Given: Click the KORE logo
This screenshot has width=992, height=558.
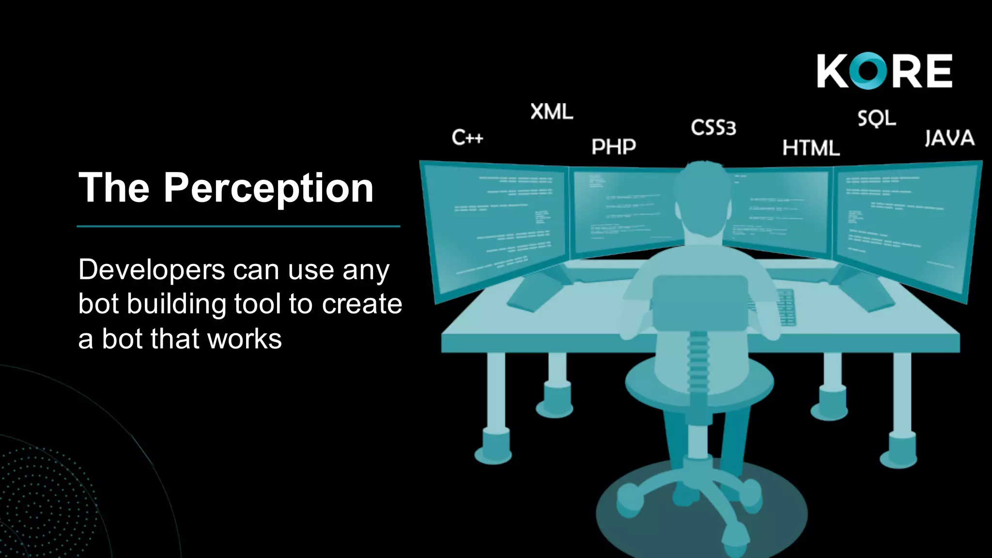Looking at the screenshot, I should pos(884,71).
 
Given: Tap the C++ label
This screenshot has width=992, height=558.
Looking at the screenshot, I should pos(467,138).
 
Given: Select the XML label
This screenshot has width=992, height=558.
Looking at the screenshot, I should pos(552,112).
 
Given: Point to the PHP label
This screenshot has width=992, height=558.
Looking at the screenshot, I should pos(614,146).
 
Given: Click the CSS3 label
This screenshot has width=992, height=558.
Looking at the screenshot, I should pos(713,128).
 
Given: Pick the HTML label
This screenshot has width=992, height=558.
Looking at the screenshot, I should pos(811,148).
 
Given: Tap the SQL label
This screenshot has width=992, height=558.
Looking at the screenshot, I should pos(877,118).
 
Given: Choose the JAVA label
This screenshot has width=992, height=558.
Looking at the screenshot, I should pos(949,138).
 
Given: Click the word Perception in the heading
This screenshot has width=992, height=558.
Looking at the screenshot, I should pos(268,188).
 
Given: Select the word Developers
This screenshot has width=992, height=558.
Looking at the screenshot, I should pos(151,269).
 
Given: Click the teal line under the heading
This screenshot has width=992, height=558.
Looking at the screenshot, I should pos(238,226).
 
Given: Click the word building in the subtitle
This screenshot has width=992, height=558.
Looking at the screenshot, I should pos(177,304).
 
